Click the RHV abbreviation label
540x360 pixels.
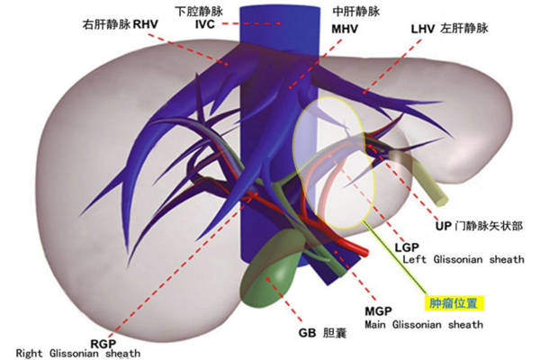pos(145,24)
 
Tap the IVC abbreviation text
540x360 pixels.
pos(205,24)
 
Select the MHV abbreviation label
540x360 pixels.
pos(345,29)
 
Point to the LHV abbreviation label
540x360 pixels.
pos(423,29)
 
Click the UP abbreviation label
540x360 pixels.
pos(443,226)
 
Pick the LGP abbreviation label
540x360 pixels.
pos(407,247)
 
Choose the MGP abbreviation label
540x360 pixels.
pos(379,311)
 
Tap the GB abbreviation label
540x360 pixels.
pos(307,333)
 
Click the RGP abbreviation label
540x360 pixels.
pos(103,344)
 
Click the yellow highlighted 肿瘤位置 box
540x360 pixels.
pos(454,303)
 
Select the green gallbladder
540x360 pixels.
pos(271,267)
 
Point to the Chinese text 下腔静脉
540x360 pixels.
pos(200,12)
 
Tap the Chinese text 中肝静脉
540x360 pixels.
pos(356,12)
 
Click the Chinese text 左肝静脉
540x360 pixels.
pos(464,28)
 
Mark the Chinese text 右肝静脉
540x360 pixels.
pos(106,24)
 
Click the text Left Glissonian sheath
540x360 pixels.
pos(463,259)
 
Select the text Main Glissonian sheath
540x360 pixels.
pos(424,325)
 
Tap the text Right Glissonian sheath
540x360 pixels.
pos(78,354)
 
